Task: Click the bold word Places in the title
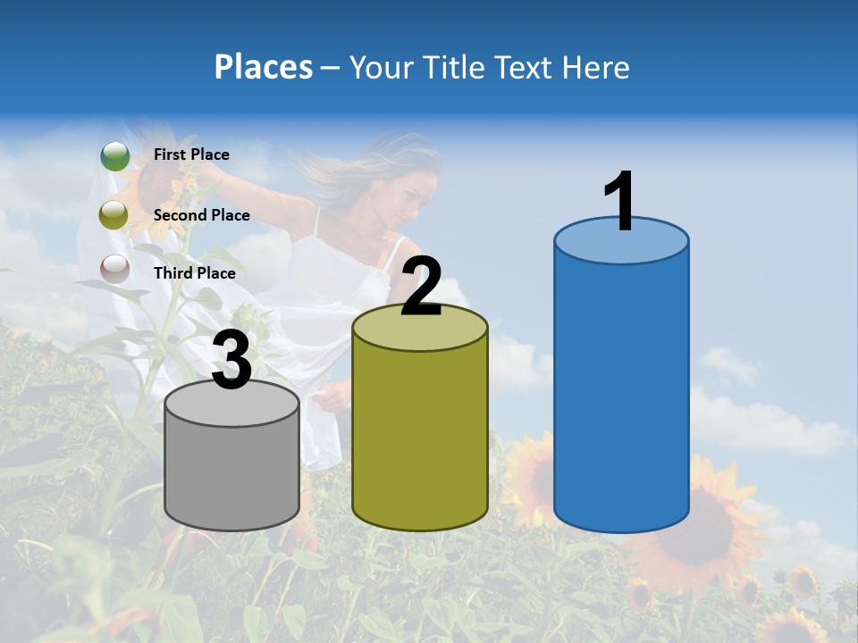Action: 264,67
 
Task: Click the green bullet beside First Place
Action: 114,156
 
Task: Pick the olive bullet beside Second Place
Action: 114,215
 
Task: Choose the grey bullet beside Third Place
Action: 114,269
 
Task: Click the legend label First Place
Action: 191,154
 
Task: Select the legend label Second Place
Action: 201,215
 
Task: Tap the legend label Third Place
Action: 194,273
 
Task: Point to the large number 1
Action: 620,202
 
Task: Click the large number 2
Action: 421,287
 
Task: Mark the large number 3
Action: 232,361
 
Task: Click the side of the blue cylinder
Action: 621,393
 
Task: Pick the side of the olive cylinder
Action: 420,438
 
